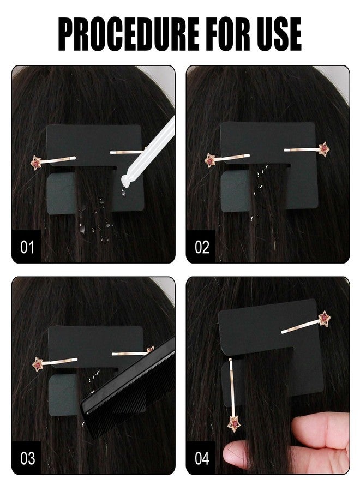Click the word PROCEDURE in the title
coord(128,34)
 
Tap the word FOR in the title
coord(228,34)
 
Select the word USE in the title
coord(279,34)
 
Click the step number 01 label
coord(27,247)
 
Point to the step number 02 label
coord(202,247)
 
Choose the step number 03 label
coord(28,458)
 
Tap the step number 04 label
coord(202,458)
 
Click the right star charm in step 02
coord(325,148)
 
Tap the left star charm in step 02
coord(210,160)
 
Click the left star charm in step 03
coord(38,364)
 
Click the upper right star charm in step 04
coord(325,318)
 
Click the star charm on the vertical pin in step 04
coord(235,424)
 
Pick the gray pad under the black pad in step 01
coord(61,194)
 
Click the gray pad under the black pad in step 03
coord(63,395)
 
